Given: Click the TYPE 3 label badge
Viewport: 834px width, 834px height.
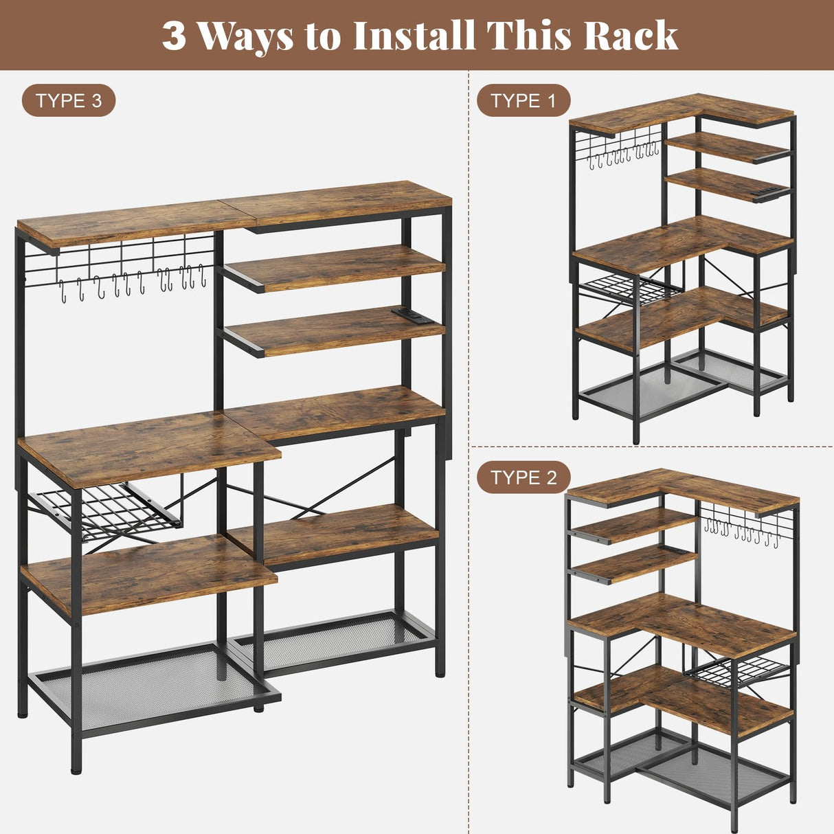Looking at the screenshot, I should point(69,101).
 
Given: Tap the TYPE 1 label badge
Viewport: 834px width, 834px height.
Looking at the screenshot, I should point(523,101).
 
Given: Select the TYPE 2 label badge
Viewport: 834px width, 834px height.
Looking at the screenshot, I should point(523,477).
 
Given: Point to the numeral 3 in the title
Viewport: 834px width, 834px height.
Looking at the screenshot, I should point(174,36).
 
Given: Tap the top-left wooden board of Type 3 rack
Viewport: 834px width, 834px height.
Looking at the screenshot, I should point(131,222).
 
